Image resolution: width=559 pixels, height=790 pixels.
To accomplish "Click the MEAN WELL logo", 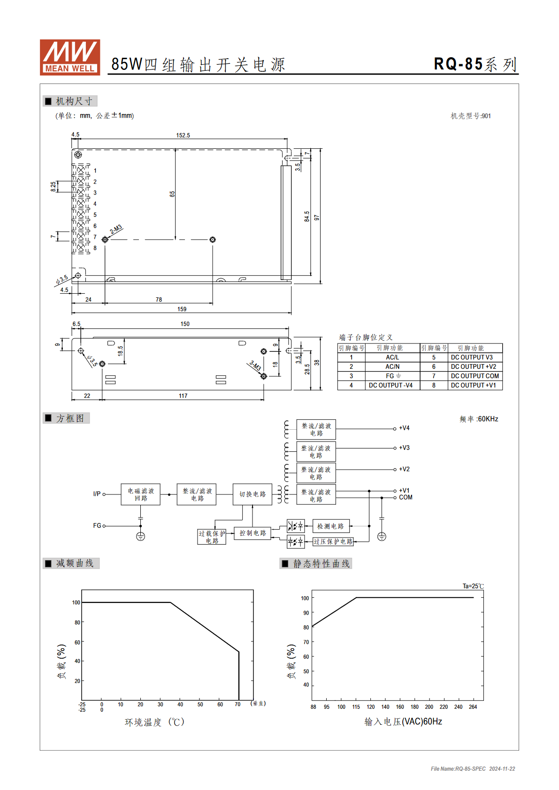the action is (x=70, y=57).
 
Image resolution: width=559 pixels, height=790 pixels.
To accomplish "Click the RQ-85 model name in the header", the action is (x=458, y=64).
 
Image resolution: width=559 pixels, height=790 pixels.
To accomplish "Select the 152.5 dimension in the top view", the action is (x=183, y=136).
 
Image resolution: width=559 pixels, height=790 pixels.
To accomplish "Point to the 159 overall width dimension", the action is (x=182, y=309).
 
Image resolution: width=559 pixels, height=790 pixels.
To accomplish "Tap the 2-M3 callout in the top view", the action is (x=116, y=229).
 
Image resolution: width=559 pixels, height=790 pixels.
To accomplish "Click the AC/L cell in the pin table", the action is (x=392, y=357).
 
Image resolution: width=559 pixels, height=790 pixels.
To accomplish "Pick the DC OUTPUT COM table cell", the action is (x=475, y=376).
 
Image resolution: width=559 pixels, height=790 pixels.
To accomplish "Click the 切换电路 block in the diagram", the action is (x=253, y=494).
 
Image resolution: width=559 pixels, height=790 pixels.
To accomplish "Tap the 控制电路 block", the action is (x=253, y=533).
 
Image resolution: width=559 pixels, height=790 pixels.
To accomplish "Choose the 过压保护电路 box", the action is (x=333, y=541).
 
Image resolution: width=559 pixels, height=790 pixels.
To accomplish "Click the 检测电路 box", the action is (x=331, y=526).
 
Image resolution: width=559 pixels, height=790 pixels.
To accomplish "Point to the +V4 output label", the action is (x=405, y=428).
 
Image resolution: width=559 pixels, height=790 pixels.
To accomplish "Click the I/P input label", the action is (x=97, y=494).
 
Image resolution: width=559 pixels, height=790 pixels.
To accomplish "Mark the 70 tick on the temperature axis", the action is (x=237, y=704).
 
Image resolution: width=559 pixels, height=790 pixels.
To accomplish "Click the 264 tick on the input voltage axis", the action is (x=473, y=707).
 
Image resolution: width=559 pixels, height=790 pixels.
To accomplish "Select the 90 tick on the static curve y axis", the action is (x=306, y=613).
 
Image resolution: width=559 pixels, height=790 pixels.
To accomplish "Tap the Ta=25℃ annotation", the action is (x=473, y=586).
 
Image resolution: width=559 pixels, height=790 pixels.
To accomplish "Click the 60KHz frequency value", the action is (x=488, y=419).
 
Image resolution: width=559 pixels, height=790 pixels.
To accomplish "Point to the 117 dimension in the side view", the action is (x=183, y=396).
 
